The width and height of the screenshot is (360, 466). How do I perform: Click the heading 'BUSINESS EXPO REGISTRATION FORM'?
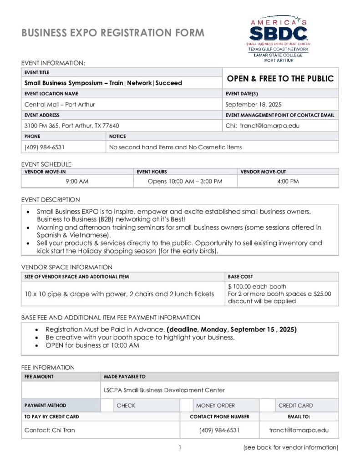113,33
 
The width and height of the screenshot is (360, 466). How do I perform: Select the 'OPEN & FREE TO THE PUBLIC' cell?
280,78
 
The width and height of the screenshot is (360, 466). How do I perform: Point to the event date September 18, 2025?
254,104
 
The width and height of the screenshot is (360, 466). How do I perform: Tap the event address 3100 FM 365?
71,126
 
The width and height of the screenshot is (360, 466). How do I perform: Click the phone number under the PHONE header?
44,147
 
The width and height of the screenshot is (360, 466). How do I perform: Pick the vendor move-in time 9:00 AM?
77,181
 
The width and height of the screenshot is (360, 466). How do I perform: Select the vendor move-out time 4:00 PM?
288,181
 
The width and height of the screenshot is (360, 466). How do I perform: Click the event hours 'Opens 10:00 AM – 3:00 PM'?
185,181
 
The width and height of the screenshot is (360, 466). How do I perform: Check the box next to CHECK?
107,405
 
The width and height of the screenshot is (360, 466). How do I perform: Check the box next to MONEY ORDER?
186,405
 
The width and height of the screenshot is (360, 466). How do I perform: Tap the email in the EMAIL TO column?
299,430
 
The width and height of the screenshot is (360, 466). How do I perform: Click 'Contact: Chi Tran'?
49,430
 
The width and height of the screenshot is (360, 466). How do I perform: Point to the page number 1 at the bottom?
180,447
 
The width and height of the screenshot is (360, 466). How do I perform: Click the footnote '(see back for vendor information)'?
290,447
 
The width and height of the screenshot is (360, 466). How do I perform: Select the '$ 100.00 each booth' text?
257,287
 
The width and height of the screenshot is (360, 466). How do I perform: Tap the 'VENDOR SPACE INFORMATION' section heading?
66,267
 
